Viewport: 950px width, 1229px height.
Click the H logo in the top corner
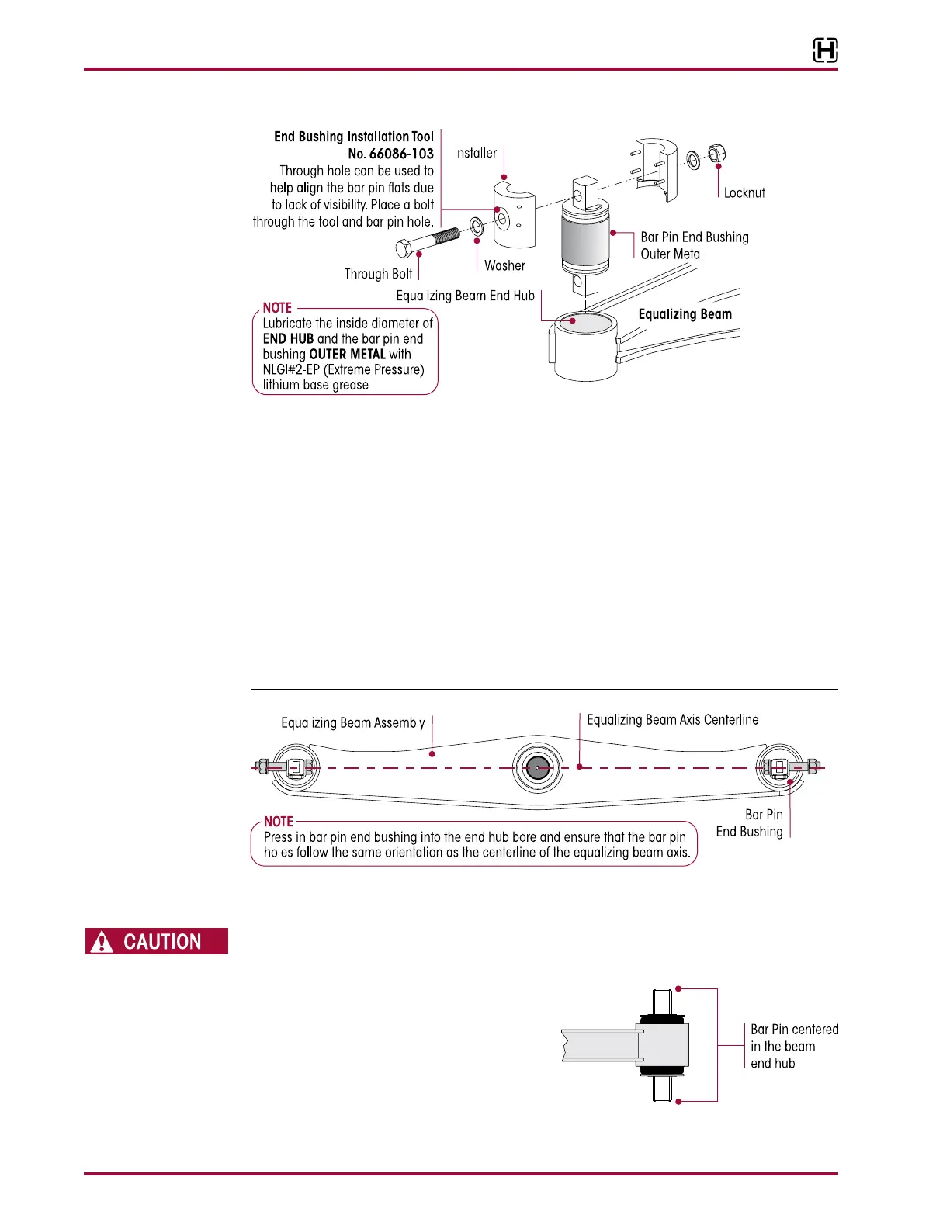(825, 51)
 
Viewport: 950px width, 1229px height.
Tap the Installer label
(475, 153)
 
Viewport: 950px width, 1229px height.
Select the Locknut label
(744, 193)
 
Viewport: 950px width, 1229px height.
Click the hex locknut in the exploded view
(717, 154)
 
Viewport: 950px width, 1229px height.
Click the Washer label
(504, 266)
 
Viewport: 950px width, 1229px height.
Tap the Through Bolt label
(378, 274)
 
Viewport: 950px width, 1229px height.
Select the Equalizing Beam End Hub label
(465, 296)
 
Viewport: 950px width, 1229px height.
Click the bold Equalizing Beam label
(685, 314)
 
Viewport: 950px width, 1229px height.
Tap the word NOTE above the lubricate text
(277, 308)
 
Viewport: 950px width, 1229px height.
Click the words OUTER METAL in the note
(347, 355)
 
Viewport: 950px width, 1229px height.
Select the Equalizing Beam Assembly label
(352, 723)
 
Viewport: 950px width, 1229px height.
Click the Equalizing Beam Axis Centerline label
(672, 720)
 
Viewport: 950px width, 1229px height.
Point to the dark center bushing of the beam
(537, 768)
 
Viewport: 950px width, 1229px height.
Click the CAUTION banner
(157, 941)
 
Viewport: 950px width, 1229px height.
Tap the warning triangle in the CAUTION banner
(102, 942)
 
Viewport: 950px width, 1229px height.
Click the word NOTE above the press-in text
(279, 822)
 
